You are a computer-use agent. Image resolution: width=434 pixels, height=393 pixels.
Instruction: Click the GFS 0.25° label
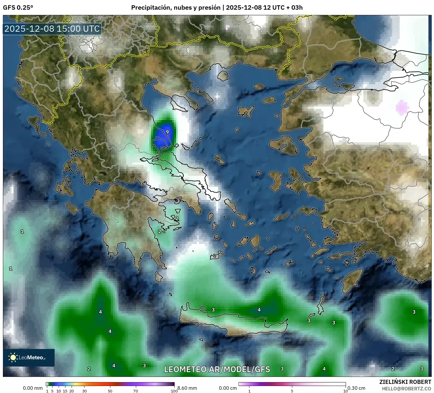[18, 8]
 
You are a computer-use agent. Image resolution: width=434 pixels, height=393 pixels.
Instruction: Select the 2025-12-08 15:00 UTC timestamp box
[52, 29]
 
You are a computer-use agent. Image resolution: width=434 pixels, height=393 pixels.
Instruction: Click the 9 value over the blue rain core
[167, 132]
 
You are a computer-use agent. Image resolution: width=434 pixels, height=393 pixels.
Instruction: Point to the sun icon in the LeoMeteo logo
[13, 357]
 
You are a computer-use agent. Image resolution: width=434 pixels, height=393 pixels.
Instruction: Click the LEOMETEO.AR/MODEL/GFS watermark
[217, 369]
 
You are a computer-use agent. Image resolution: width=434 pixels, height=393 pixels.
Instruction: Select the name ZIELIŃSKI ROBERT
[405, 382]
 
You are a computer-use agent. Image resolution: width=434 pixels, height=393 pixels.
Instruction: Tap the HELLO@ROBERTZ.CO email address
[406, 389]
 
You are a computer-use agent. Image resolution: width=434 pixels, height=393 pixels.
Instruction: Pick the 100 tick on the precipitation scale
[174, 391]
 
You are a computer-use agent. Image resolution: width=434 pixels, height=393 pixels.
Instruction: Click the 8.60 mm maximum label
[187, 388]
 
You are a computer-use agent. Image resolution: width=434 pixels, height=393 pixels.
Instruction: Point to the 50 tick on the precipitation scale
[110, 391]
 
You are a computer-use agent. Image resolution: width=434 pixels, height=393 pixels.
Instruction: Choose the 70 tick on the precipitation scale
[136, 391]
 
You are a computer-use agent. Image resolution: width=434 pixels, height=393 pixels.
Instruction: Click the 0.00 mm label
[33, 388]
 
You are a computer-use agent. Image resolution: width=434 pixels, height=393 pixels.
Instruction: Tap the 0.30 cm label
[356, 388]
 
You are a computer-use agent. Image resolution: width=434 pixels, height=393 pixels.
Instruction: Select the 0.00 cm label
[228, 388]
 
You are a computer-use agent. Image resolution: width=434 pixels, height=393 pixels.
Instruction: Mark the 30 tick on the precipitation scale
[85, 391]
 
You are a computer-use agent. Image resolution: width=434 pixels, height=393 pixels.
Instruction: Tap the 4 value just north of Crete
[259, 310]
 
